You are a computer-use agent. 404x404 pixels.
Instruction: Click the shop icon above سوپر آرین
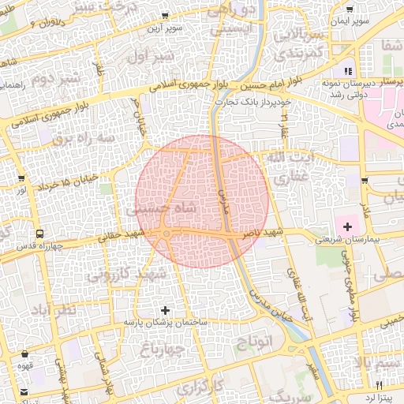[165, 16]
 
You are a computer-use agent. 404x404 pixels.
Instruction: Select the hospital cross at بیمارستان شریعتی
[347, 226]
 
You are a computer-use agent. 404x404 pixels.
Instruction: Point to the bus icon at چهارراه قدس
[39, 234]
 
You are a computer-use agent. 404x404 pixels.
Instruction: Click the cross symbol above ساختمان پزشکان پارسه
[165, 311]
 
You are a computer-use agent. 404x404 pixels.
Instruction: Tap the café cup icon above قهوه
[26, 354]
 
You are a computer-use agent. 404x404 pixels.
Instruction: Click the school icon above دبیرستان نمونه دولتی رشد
[348, 71]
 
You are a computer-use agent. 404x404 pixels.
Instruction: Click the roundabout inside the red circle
[166, 234]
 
